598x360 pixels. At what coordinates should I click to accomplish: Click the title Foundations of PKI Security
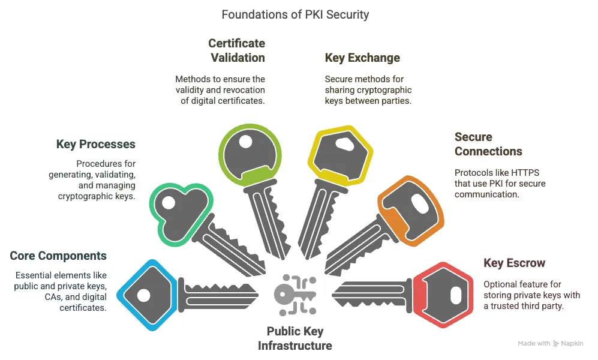click(295, 14)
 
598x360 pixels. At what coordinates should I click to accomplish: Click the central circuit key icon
click(295, 293)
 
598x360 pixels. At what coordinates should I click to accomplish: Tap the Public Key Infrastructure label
click(295, 338)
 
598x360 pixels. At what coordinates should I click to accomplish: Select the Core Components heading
click(58, 256)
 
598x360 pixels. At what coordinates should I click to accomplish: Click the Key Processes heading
click(96, 145)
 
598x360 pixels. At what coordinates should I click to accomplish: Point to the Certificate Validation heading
click(236, 50)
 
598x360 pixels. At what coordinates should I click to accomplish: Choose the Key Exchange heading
click(362, 58)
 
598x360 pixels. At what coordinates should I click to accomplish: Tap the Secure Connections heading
click(488, 144)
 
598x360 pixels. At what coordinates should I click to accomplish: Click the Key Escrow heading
click(514, 263)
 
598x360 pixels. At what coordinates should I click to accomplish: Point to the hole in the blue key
click(143, 295)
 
